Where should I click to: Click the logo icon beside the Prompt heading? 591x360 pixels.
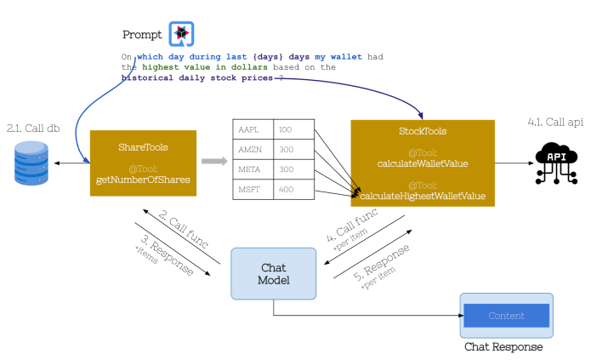181,34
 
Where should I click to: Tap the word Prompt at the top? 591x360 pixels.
143,35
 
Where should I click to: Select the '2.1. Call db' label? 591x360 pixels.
31,128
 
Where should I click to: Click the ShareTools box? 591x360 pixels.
143,163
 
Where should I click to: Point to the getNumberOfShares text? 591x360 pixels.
143,181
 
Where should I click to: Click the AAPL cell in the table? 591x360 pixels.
253,129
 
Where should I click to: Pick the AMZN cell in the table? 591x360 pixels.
253,149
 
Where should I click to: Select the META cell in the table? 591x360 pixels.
253,169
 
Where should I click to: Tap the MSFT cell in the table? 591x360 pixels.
253,189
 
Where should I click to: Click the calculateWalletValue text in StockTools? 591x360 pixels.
422,163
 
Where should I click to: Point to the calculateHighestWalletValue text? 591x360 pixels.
422,196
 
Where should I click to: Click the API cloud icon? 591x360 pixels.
555,161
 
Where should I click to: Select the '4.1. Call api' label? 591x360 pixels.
554,123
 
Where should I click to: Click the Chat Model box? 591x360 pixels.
273,273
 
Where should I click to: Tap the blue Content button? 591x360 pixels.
506,316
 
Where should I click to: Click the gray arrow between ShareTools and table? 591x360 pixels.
213,160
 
